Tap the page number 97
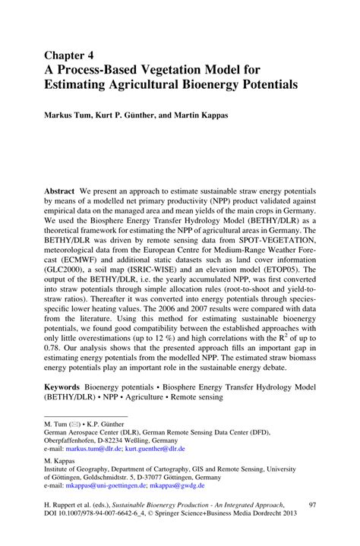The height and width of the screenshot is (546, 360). click(312, 525)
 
